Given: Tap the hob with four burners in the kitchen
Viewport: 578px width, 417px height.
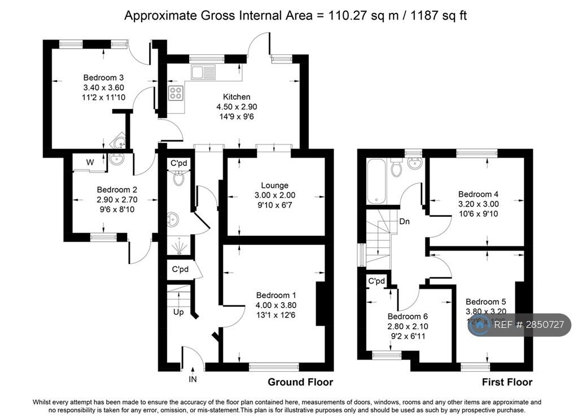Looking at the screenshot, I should click(176, 93).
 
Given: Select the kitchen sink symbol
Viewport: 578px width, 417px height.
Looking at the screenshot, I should click(203, 72).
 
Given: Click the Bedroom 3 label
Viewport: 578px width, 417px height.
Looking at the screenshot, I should click(103, 77).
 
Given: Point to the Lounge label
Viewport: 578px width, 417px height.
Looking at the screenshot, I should click(275, 185).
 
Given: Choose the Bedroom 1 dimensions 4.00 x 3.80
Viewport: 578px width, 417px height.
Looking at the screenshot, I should click(276, 305).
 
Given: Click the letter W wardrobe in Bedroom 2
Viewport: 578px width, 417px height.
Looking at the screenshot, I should click(90, 163).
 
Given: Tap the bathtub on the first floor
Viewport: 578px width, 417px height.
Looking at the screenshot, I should click(375, 181).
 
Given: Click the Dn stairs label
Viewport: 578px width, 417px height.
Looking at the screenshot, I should click(405, 221).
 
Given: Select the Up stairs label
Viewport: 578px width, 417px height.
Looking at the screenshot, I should click(178, 311).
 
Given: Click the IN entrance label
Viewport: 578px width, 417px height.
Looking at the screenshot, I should click(192, 379).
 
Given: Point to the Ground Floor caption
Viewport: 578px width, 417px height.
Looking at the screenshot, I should click(300, 382).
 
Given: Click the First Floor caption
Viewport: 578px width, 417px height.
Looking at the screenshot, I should click(507, 382).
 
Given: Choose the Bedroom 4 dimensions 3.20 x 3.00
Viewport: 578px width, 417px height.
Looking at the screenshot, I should click(478, 204).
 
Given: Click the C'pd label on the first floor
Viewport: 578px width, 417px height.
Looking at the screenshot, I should click(376, 281).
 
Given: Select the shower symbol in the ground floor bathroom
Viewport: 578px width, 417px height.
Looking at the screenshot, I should click(179, 244).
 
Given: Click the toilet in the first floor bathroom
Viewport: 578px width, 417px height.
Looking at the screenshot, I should click(396, 166).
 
